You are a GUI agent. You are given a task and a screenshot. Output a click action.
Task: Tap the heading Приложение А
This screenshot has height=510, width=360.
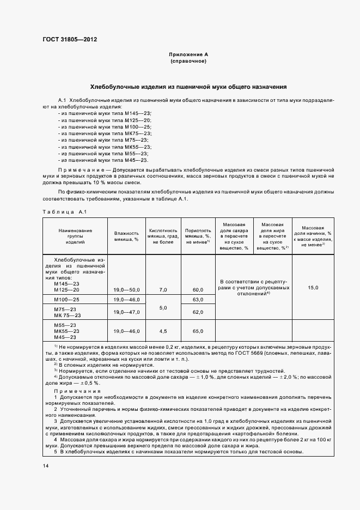pyautogui.click(x=188, y=55)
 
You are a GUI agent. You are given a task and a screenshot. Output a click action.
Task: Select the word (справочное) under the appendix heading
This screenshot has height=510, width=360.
pyautogui.click(x=188, y=62)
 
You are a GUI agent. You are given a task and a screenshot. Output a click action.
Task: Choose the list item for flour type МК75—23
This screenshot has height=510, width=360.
pyautogui.click(x=105, y=133)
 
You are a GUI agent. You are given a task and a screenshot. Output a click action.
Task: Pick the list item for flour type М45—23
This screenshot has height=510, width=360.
pyautogui.click(x=103, y=160)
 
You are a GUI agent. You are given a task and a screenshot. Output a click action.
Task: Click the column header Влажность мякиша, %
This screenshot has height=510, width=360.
pyautogui.click(x=126, y=236)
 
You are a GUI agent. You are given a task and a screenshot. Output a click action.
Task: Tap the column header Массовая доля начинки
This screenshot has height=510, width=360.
pyautogui.click(x=313, y=236)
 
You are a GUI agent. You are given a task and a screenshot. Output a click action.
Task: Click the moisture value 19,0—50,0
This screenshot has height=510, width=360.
pyautogui.click(x=126, y=289)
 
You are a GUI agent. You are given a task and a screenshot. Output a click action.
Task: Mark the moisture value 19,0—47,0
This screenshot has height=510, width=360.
pyautogui.click(x=126, y=312)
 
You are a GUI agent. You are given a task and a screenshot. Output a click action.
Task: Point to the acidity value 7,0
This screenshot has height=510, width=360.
pyautogui.click(x=163, y=289)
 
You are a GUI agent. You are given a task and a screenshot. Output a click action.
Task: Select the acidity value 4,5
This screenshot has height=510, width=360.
pyautogui.click(x=163, y=331)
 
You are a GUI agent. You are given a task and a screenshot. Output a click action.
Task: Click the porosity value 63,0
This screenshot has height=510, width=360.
pyautogui.click(x=198, y=300)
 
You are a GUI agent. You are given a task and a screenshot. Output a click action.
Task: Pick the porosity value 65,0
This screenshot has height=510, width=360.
pyautogui.click(x=198, y=331)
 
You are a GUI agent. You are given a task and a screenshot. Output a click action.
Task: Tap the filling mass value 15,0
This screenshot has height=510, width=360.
pyautogui.click(x=313, y=287)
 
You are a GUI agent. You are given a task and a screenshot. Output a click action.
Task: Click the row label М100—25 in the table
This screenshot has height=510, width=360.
pyautogui.click(x=66, y=300)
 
